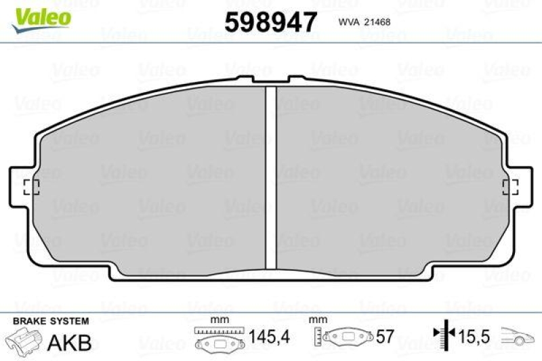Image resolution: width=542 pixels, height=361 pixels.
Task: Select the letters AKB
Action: (69, 342)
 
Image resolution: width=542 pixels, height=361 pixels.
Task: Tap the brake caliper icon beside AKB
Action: (23, 341)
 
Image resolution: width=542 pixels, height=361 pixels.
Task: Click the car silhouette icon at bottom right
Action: (518, 335)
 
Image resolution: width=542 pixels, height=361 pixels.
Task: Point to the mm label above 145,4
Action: (217, 320)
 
